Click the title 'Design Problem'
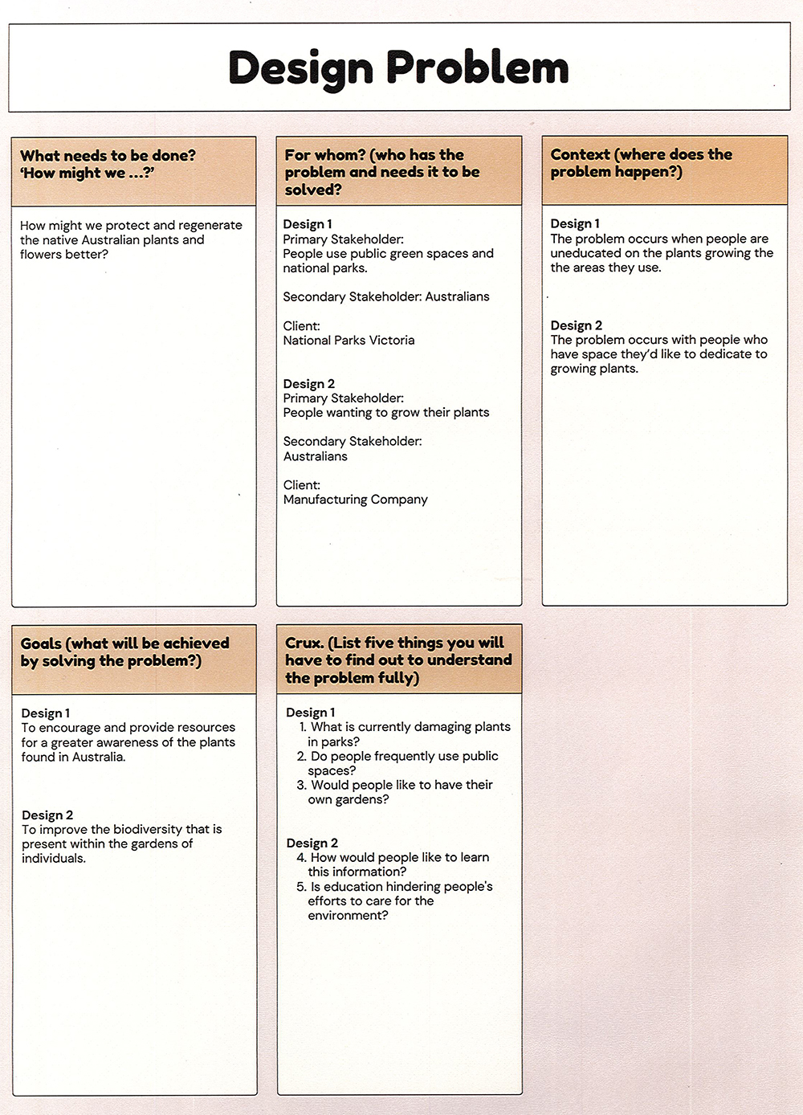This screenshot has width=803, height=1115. pyautogui.click(x=398, y=68)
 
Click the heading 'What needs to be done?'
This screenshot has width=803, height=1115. pyautogui.click(x=108, y=156)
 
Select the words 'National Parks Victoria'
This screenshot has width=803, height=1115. pyautogui.click(x=349, y=341)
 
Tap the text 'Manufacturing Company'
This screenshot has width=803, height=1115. pyautogui.click(x=355, y=500)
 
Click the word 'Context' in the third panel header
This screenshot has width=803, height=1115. pyautogui.click(x=580, y=154)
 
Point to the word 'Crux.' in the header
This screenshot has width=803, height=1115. pyautogui.click(x=304, y=643)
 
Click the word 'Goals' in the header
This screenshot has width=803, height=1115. pyautogui.click(x=41, y=643)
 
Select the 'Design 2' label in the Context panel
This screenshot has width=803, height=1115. pyautogui.click(x=576, y=325)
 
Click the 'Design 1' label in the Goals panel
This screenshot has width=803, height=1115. pyautogui.click(x=46, y=713)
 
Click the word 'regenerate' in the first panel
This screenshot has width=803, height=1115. pyautogui.click(x=210, y=226)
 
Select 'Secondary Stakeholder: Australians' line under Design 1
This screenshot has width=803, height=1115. pyautogui.click(x=385, y=297)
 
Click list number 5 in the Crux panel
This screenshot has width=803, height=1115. pyautogui.click(x=301, y=887)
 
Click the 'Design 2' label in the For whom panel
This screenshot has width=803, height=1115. pyautogui.click(x=308, y=384)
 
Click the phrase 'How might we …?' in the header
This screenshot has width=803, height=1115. pyautogui.click(x=88, y=174)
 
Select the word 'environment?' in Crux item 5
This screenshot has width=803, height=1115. pyautogui.click(x=348, y=916)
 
